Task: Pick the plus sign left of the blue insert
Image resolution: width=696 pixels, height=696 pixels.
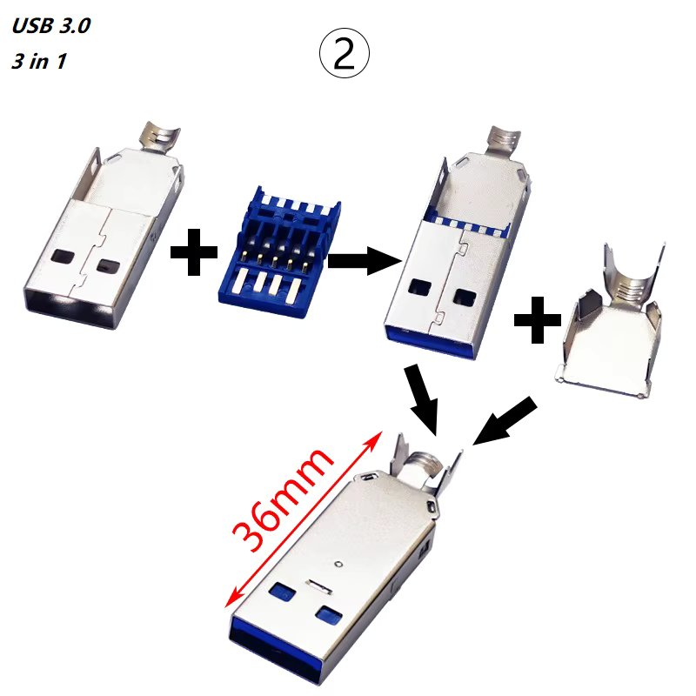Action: click(194, 254)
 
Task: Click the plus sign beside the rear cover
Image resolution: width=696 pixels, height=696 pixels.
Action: click(537, 324)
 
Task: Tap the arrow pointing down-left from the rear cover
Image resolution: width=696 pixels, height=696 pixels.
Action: click(505, 420)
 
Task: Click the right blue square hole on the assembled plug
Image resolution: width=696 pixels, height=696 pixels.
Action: click(327, 614)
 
